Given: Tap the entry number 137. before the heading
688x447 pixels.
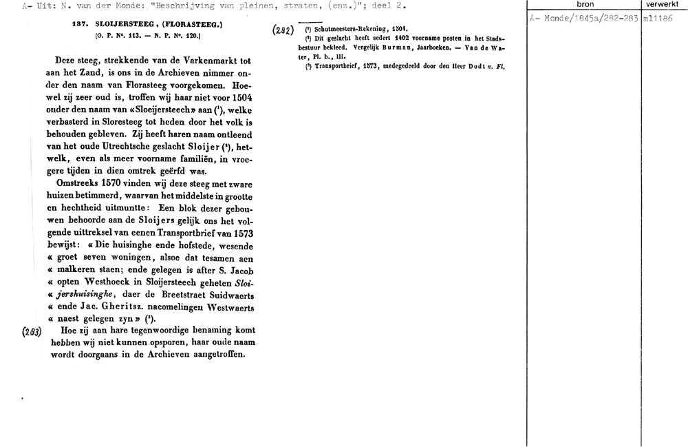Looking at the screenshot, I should pyautogui.click(x=82, y=23).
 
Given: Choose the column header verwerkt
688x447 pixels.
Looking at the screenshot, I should pyautogui.click(x=663, y=4).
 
